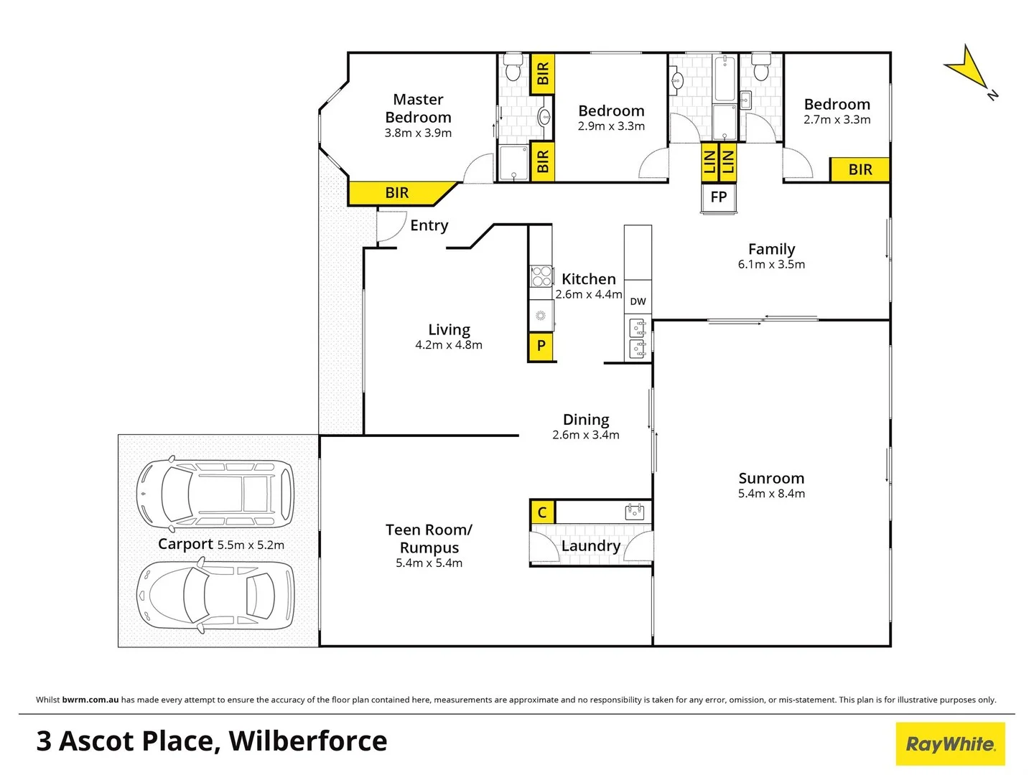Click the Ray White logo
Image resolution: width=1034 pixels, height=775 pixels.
point(950,743)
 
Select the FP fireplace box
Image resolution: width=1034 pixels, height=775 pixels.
point(718,197)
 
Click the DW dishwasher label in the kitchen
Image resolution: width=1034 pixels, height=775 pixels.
point(638,301)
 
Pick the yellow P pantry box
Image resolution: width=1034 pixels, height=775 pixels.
point(541,347)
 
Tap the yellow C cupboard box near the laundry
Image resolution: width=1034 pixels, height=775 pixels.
point(542,512)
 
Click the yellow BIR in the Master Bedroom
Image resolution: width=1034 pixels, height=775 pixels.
point(397,193)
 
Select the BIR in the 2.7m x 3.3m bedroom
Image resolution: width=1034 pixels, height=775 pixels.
point(860,170)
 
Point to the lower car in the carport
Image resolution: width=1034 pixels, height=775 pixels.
point(215,595)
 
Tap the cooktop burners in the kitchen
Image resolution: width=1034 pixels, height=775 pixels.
point(541,276)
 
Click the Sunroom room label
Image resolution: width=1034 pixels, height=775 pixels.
point(771,479)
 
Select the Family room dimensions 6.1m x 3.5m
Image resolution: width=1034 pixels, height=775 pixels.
point(771,265)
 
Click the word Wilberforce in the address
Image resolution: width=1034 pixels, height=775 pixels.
point(308,741)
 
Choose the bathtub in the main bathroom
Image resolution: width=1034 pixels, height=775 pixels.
point(724,80)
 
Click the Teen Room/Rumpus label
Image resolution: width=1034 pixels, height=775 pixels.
point(429,539)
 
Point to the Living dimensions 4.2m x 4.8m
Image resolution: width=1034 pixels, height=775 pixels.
point(449,345)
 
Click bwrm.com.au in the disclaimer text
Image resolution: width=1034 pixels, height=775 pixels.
point(90,700)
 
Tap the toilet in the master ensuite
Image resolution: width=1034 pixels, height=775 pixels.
point(513,69)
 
